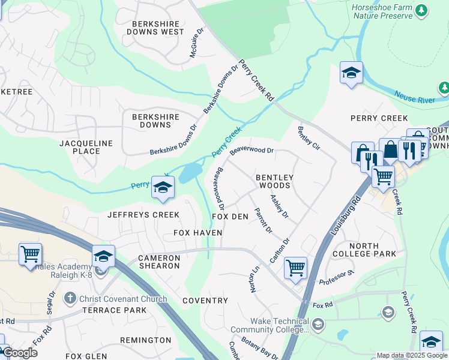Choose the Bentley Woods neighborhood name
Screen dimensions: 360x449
[274, 181]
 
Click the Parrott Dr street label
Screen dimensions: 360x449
[264, 220]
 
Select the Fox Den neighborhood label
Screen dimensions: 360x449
[230, 216]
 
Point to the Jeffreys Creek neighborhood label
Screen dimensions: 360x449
[143, 214]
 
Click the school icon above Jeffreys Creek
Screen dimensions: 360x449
[162, 187]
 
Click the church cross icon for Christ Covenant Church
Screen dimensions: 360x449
[70, 298]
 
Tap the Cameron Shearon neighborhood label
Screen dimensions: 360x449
[158, 262]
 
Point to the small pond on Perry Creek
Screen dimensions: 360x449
[190, 173]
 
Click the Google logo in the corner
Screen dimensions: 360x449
[20, 353]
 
